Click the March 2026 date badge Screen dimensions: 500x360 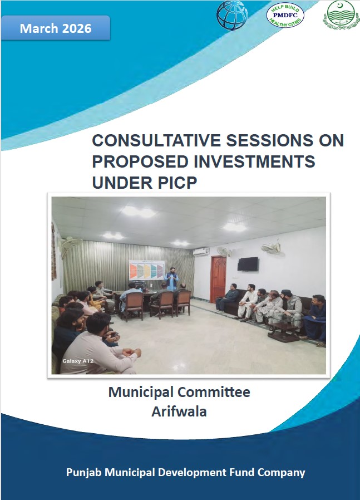55,28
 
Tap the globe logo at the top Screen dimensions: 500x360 232,15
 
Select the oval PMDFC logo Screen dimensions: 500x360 285,14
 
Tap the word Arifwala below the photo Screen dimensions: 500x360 179,413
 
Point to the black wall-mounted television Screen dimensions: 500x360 248,264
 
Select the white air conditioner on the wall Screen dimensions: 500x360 201,251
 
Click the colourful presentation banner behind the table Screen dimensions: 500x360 146,271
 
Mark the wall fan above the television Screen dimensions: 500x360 272,246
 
